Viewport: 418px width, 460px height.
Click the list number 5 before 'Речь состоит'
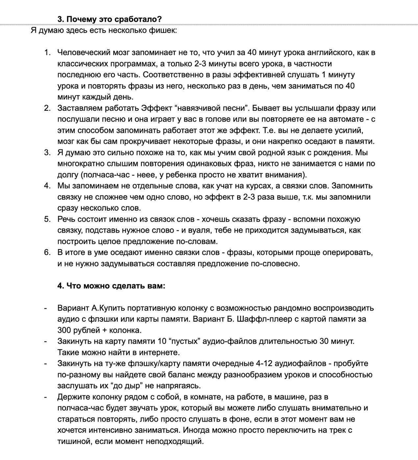pyautogui.click(x=47, y=219)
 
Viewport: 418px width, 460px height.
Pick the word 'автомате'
pyautogui.click(x=344, y=119)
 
